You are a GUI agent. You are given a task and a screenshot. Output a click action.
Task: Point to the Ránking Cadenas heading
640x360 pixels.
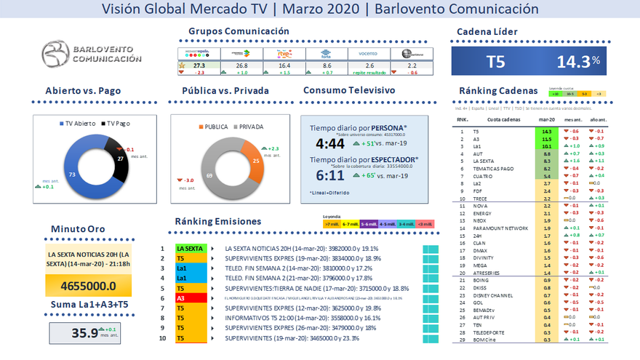[x=498, y=91]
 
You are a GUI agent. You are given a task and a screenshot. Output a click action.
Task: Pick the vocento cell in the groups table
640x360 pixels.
[x=369, y=53]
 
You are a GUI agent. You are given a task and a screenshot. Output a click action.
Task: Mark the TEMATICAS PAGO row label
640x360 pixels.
[x=494, y=168]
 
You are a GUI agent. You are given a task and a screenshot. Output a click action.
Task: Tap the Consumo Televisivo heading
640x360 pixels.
[x=349, y=91]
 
